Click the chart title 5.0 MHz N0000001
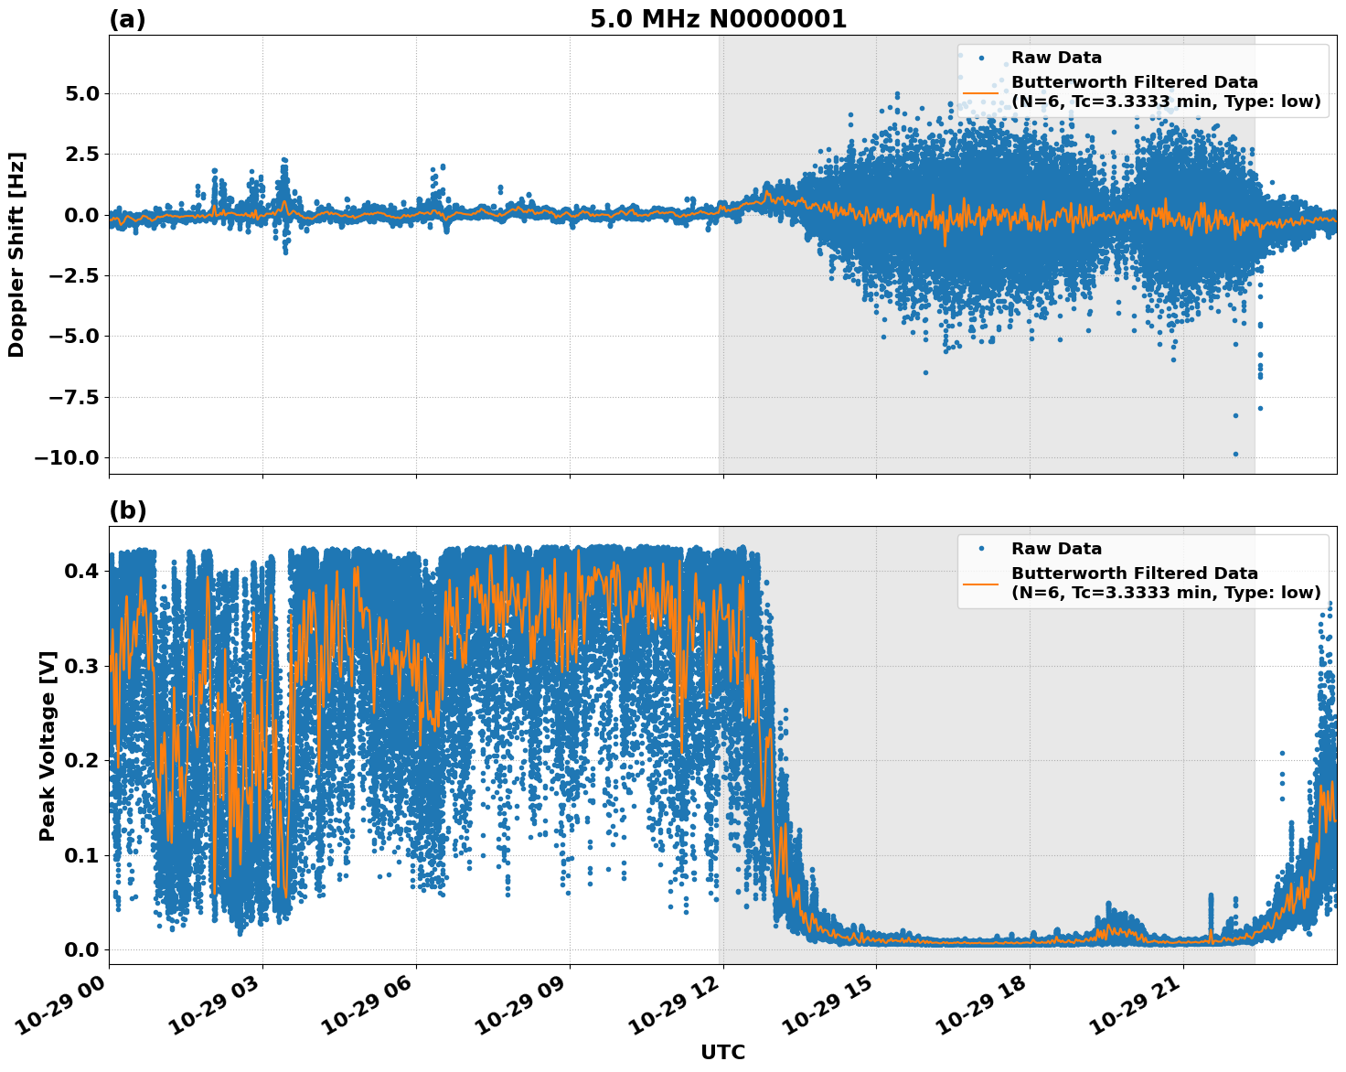pyautogui.click(x=718, y=19)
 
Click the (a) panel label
pyautogui.click(x=127, y=19)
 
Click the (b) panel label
pyautogui.click(x=127, y=510)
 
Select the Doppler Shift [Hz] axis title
pyautogui.click(x=16, y=254)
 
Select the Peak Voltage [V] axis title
pyautogui.click(x=48, y=745)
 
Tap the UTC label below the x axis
pyautogui.click(x=722, y=1053)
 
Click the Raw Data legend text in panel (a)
pyautogui.click(x=1056, y=58)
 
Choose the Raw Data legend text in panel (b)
pyautogui.click(x=1056, y=549)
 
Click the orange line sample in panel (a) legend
pyautogui.click(x=981, y=92)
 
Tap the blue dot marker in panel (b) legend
pyautogui.click(x=981, y=549)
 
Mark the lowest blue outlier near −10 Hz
pyautogui.click(x=1235, y=454)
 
